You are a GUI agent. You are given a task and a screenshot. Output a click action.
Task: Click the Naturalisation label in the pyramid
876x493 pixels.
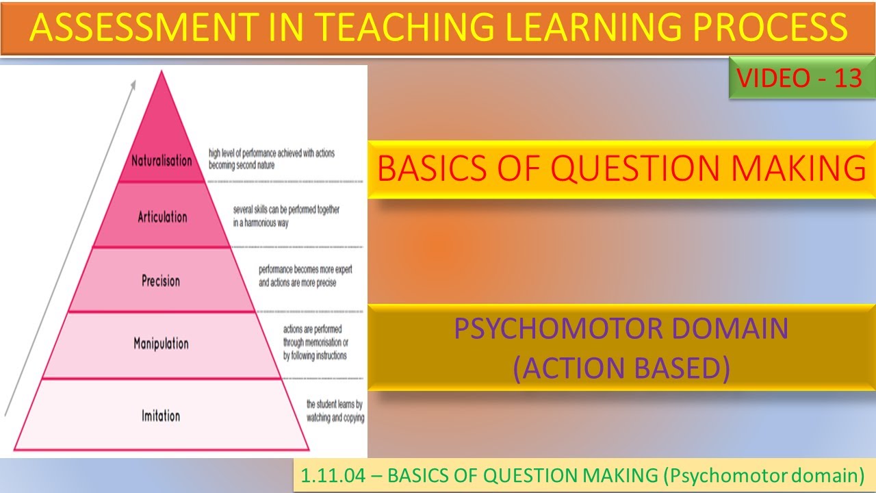point(162,161)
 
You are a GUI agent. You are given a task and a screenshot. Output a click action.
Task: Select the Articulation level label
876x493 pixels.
point(162,217)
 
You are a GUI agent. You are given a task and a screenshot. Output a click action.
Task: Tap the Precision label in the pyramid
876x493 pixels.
point(161,281)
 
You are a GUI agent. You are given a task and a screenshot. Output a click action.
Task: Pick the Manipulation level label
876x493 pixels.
point(161,343)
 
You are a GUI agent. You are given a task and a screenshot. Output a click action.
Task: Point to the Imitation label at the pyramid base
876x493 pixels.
point(161,416)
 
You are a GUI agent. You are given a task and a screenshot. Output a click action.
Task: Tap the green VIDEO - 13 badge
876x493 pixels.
point(799,79)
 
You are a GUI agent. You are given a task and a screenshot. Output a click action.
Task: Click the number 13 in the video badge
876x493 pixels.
point(848,79)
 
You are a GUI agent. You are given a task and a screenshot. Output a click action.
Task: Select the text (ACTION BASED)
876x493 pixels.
point(621,368)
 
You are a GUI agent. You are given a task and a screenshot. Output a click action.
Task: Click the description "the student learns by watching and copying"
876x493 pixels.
point(335,411)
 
